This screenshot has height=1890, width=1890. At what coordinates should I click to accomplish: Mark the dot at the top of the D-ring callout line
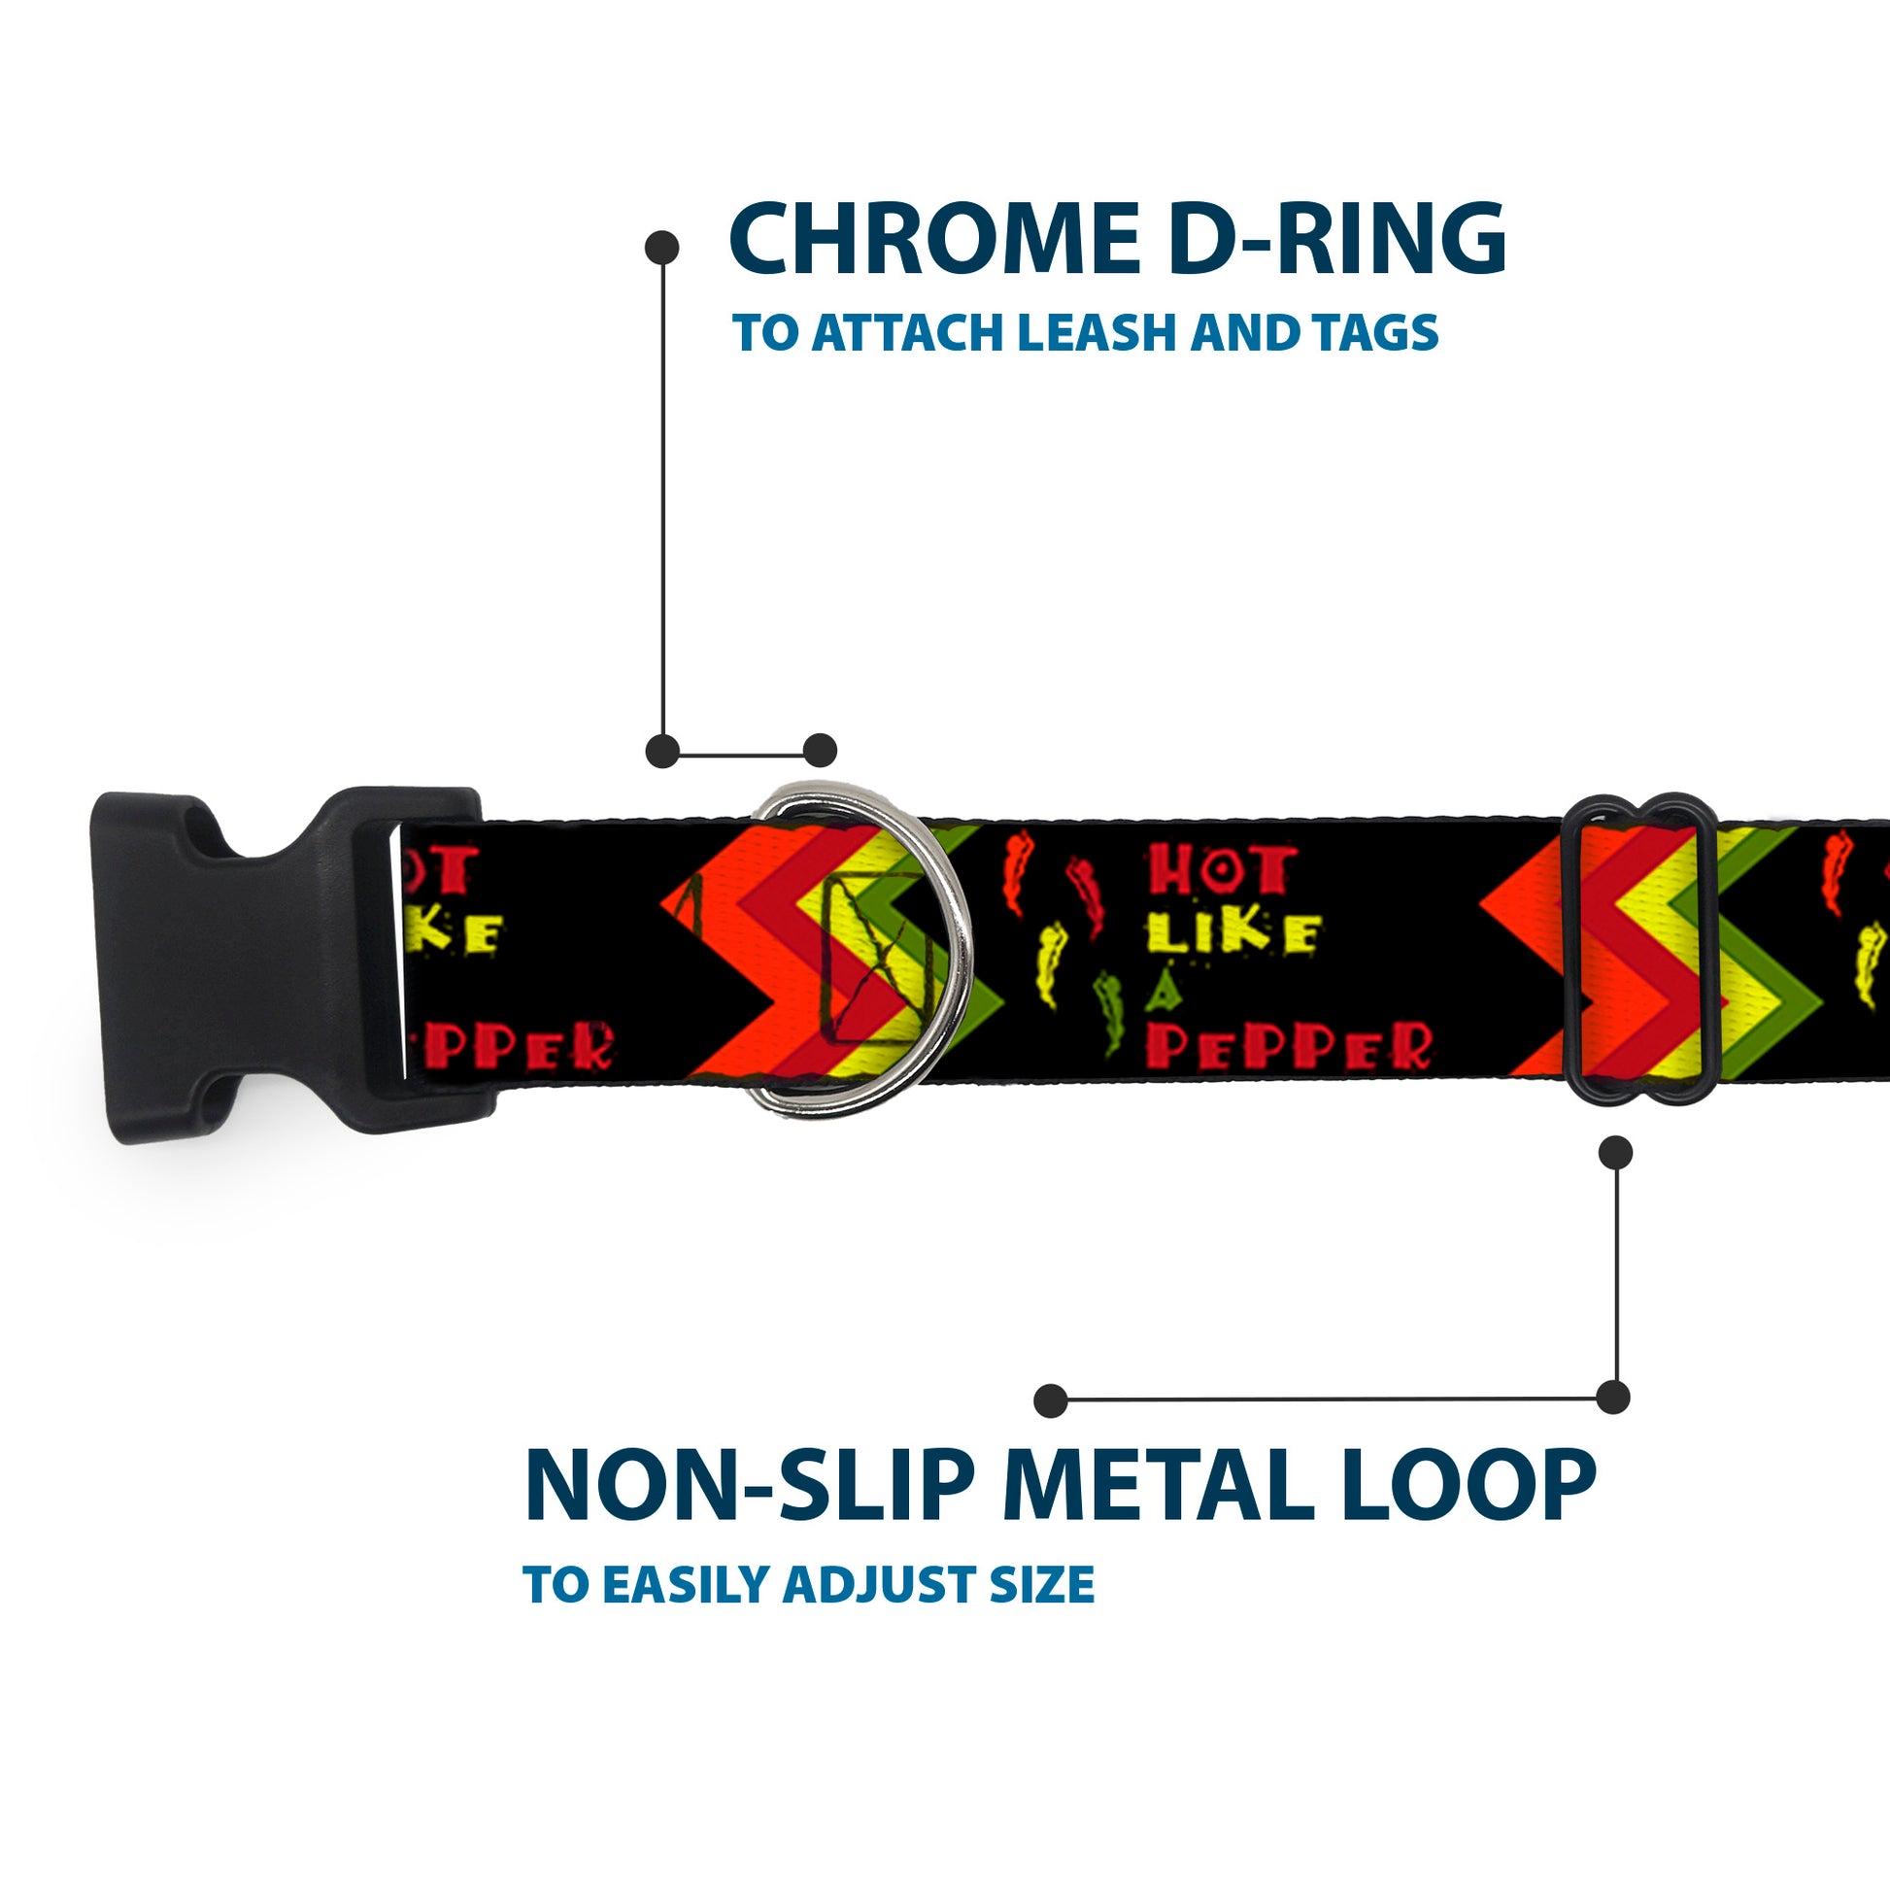click(662, 248)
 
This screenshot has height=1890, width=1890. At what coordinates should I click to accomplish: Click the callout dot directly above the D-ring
click(820, 752)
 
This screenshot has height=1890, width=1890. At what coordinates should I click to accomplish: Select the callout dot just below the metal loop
click(1615, 1153)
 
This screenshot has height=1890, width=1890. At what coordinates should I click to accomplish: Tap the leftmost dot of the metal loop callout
click(1051, 1400)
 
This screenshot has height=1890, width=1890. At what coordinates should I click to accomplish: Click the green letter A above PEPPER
click(1164, 994)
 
